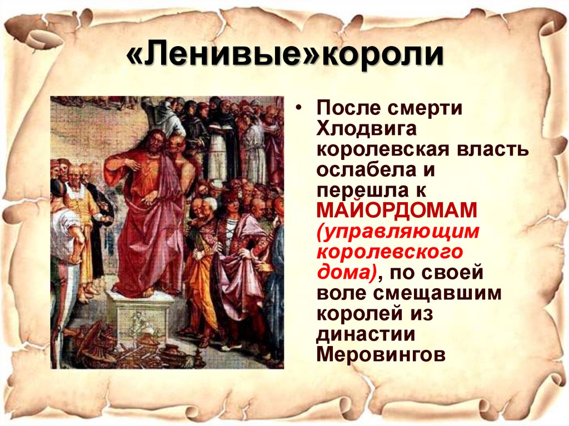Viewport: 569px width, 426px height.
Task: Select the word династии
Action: (x=366, y=333)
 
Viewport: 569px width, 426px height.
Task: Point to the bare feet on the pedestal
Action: (x=133, y=292)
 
